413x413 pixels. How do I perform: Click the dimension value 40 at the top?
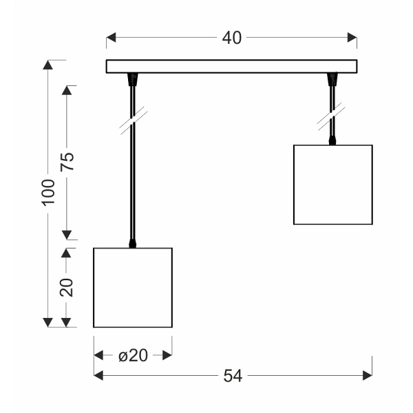pos(231,38)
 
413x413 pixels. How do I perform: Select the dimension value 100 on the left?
pos(48,193)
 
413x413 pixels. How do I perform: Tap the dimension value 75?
pos(67,162)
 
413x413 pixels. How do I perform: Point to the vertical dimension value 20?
pos(66,287)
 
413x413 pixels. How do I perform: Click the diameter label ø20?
pos(133,356)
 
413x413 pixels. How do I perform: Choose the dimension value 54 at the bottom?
pos(233,376)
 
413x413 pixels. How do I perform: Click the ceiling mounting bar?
pos(231,66)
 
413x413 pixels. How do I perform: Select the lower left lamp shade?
pos(133,288)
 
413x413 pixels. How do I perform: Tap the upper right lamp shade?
pos(333,184)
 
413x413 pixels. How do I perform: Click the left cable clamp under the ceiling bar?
pos(133,79)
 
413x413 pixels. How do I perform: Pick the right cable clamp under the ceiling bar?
pos(332,79)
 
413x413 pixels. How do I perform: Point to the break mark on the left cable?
pos(134,121)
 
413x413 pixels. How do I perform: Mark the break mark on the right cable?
pos(331,117)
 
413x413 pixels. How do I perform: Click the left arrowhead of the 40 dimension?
pos(111,37)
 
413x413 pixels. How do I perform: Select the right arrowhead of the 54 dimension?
pos(368,375)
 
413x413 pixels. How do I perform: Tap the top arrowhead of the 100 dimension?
pos(47,65)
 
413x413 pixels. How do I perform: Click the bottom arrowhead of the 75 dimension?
pos(67,235)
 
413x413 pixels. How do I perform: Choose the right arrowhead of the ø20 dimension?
pos(167,355)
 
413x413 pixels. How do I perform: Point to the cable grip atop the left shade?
pos(132,244)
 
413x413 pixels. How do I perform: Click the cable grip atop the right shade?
pos(332,140)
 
